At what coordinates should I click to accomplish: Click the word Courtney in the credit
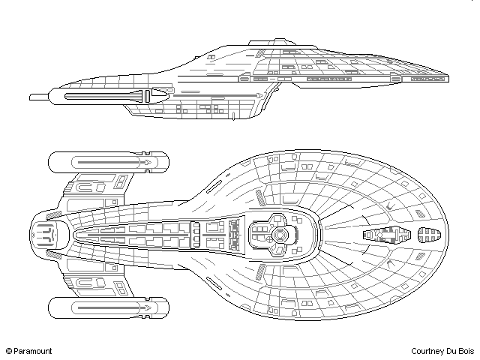coord(428,350)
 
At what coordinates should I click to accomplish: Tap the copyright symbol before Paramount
coord(9,350)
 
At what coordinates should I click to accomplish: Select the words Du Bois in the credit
coord(461,350)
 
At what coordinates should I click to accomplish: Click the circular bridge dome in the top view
coord(279,235)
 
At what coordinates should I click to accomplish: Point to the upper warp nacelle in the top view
coord(109,161)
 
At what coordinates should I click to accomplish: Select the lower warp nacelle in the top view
coord(109,307)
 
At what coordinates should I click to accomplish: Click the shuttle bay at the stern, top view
coord(44,235)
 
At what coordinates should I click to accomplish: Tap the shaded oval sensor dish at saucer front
coord(427,234)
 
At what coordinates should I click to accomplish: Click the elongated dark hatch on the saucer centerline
coord(385,235)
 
